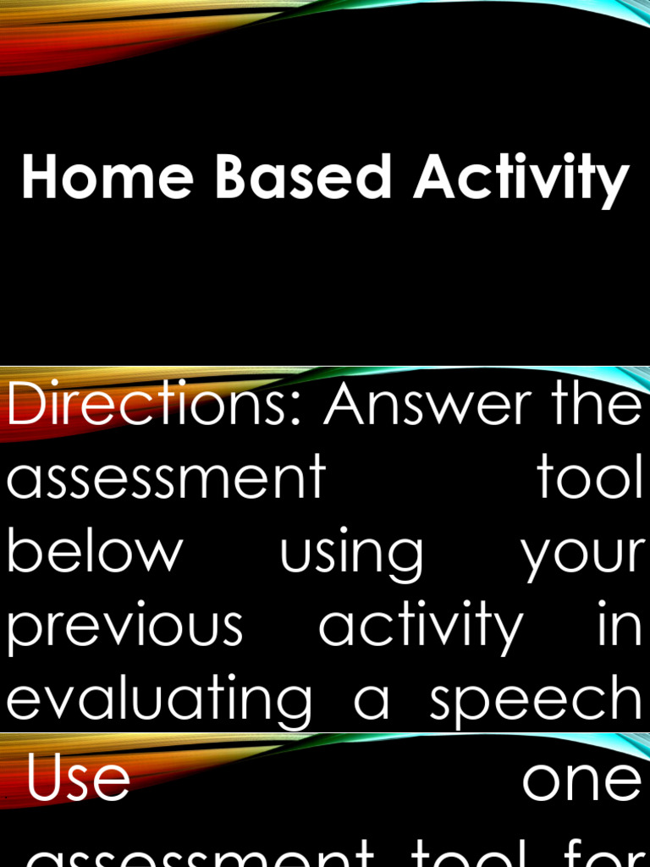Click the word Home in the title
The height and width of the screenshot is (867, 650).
point(108,178)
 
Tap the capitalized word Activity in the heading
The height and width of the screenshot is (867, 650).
point(521,179)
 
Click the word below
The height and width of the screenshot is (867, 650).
point(95,551)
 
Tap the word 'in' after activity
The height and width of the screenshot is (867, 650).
point(625,625)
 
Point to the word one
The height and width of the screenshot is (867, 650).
point(581,782)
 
